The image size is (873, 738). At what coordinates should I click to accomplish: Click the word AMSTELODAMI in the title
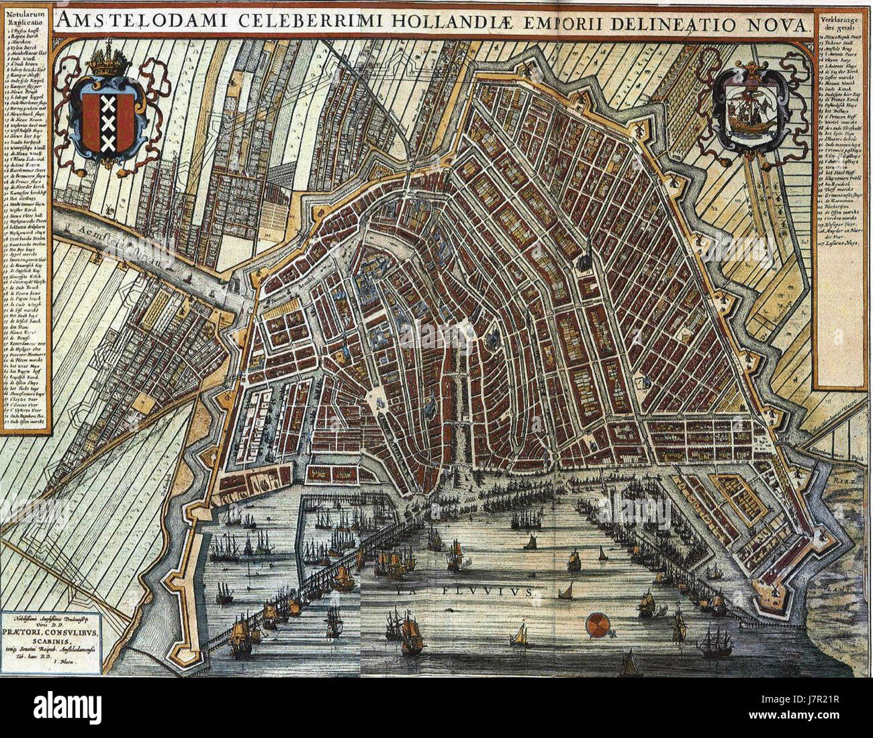pyautogui.click(x=144, y=21)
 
